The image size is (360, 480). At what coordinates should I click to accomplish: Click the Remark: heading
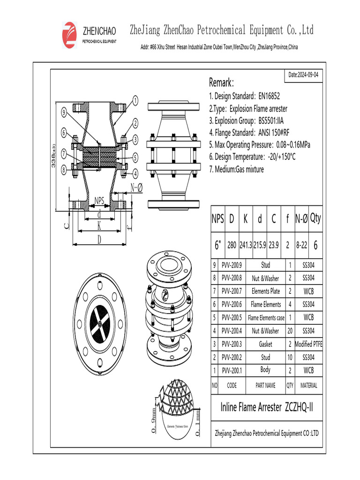221,83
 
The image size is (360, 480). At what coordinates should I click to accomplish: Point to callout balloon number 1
135,100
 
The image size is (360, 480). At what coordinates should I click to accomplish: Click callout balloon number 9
63,112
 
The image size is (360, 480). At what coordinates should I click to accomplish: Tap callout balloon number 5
135,157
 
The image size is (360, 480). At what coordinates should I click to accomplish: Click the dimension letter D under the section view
99,240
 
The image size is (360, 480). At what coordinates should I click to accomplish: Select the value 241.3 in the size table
246,245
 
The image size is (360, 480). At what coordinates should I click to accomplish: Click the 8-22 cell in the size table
301,245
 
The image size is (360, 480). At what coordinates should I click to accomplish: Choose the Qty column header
315,218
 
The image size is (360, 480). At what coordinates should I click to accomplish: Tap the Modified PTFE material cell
308,344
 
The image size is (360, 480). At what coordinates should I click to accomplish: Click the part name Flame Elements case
266,318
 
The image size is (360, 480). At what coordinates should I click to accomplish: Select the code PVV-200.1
232,370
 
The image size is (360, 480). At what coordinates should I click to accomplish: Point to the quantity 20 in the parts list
290,331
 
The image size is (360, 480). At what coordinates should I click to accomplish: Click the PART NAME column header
266,386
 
